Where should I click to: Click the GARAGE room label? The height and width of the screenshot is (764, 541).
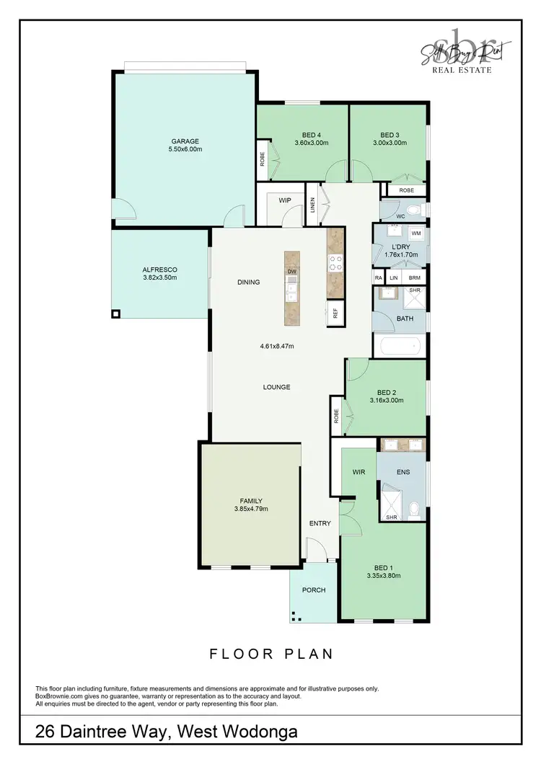point(185,141)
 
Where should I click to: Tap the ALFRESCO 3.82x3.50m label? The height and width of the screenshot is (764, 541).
point(159,273)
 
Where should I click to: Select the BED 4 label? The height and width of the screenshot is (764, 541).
point(311,135)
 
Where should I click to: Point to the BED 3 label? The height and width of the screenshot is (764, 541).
point(390,135)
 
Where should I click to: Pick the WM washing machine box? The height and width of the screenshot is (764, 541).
point(415,234)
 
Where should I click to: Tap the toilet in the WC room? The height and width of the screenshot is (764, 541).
point(413,211)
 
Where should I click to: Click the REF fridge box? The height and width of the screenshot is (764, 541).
point(335,314)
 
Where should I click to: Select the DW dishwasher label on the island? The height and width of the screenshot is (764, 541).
point(292,271)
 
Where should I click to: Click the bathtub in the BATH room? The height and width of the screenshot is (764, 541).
point(396,346)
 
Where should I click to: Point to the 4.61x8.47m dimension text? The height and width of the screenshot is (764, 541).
point(277,346)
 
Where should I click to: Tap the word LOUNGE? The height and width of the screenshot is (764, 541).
point(276,387)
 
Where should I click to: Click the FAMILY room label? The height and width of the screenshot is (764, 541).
point(250,501)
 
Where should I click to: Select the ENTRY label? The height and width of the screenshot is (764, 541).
point(320,523)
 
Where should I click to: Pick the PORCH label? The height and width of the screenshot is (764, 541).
point(314,590)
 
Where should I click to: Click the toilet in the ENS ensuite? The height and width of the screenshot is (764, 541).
point(414,510)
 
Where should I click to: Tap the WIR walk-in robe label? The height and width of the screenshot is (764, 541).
point(359,472)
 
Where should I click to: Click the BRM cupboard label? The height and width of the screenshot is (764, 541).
point(414,277)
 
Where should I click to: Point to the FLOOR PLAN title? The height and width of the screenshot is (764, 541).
point(271,654)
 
